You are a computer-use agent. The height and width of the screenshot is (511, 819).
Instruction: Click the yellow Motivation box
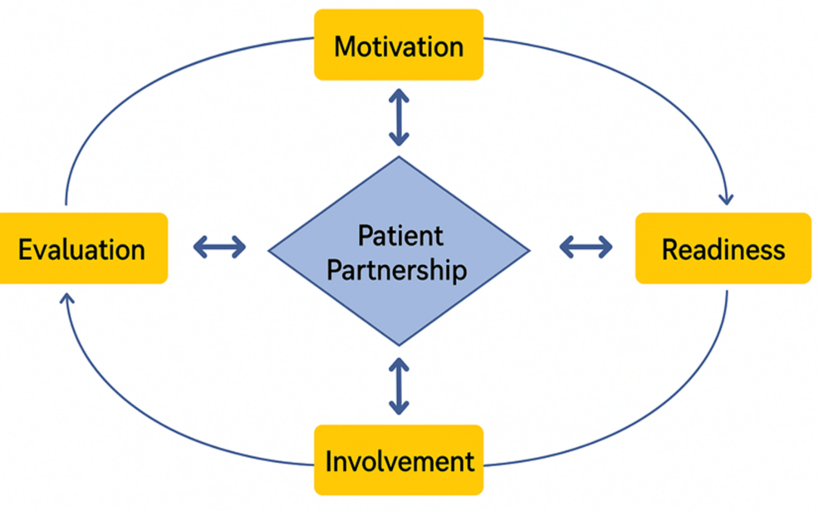[x=398, y=45]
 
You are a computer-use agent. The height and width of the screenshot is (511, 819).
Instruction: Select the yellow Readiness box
[x=723, y=248]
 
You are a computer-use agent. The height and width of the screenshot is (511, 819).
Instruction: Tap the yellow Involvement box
[x=399, y=459]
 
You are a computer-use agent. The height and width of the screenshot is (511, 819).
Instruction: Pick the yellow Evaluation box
[x=82, y=248]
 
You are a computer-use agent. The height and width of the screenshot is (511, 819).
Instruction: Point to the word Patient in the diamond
[x=400, y=235]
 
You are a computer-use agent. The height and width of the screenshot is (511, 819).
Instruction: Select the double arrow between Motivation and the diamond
[x=400, y=118]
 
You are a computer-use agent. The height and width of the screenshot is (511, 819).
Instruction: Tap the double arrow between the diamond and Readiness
[x=586, y=246]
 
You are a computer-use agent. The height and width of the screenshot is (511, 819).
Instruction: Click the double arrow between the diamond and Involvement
[x=400, y=386]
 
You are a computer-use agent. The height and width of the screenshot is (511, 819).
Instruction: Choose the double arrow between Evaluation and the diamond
[x=219, y=246]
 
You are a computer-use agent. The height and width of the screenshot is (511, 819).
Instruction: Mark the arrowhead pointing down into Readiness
[x=728, y=199]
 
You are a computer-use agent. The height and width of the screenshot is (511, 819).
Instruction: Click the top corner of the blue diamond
[x=400, y=158]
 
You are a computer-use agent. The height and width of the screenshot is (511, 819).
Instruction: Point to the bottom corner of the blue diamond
[x=400, y=344]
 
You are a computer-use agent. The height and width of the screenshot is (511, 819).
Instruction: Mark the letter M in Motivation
[x=344, y=46]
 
